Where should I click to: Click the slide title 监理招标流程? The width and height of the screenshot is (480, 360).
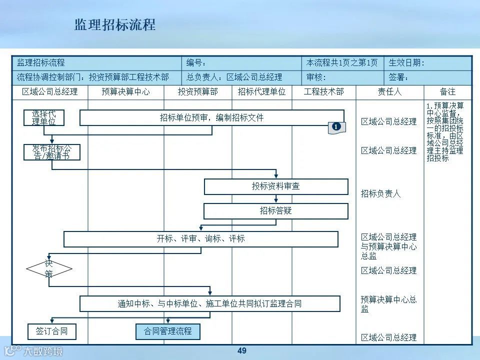coord(115,25)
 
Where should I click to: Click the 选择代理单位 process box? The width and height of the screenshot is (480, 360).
coord(44,118)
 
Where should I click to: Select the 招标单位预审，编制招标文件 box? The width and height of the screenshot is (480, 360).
coord(211,118)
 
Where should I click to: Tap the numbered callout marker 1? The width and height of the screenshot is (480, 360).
coord(336,127)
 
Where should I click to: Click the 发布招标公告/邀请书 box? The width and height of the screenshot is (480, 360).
coord(52,152)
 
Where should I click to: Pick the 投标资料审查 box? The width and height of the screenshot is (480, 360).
coord(276,186)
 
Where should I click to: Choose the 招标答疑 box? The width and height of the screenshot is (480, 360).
coord(276,211)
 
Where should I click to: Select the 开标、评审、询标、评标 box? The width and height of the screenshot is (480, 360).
coord(201,239)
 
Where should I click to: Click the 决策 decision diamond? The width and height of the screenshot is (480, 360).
coord(49,269)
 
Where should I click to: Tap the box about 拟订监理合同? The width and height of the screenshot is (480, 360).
coord(210,303)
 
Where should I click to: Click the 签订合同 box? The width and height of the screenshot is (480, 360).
coord(52,331)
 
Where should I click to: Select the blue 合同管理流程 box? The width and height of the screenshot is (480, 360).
coord(168,331)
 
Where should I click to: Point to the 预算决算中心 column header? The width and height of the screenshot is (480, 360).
coord(125,92)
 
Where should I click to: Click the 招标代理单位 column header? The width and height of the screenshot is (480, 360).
coord(261,92)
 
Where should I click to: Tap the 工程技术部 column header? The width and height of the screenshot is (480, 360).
coord(323,92)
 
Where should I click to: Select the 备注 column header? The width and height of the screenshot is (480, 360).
coord(447,92)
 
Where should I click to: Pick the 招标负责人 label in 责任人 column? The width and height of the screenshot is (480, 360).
coord(381,193)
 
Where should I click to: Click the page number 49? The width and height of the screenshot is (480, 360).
coord(242,351)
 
